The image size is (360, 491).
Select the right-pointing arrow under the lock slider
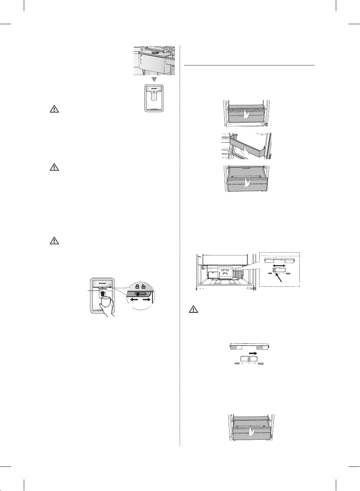pyautogui.click(x=146, y=299)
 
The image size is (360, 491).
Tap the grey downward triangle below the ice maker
pyautogui.click(x=154, y=79)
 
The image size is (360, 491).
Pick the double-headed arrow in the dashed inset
pyautogui.click(x=279, y=266)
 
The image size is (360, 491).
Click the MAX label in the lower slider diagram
pyautogui.click(x=260, y=363)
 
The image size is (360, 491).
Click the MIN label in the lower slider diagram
pyautogui.click(x=237, y=363)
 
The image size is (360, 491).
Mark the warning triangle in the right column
pyautogui.click(x=193, y=309)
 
